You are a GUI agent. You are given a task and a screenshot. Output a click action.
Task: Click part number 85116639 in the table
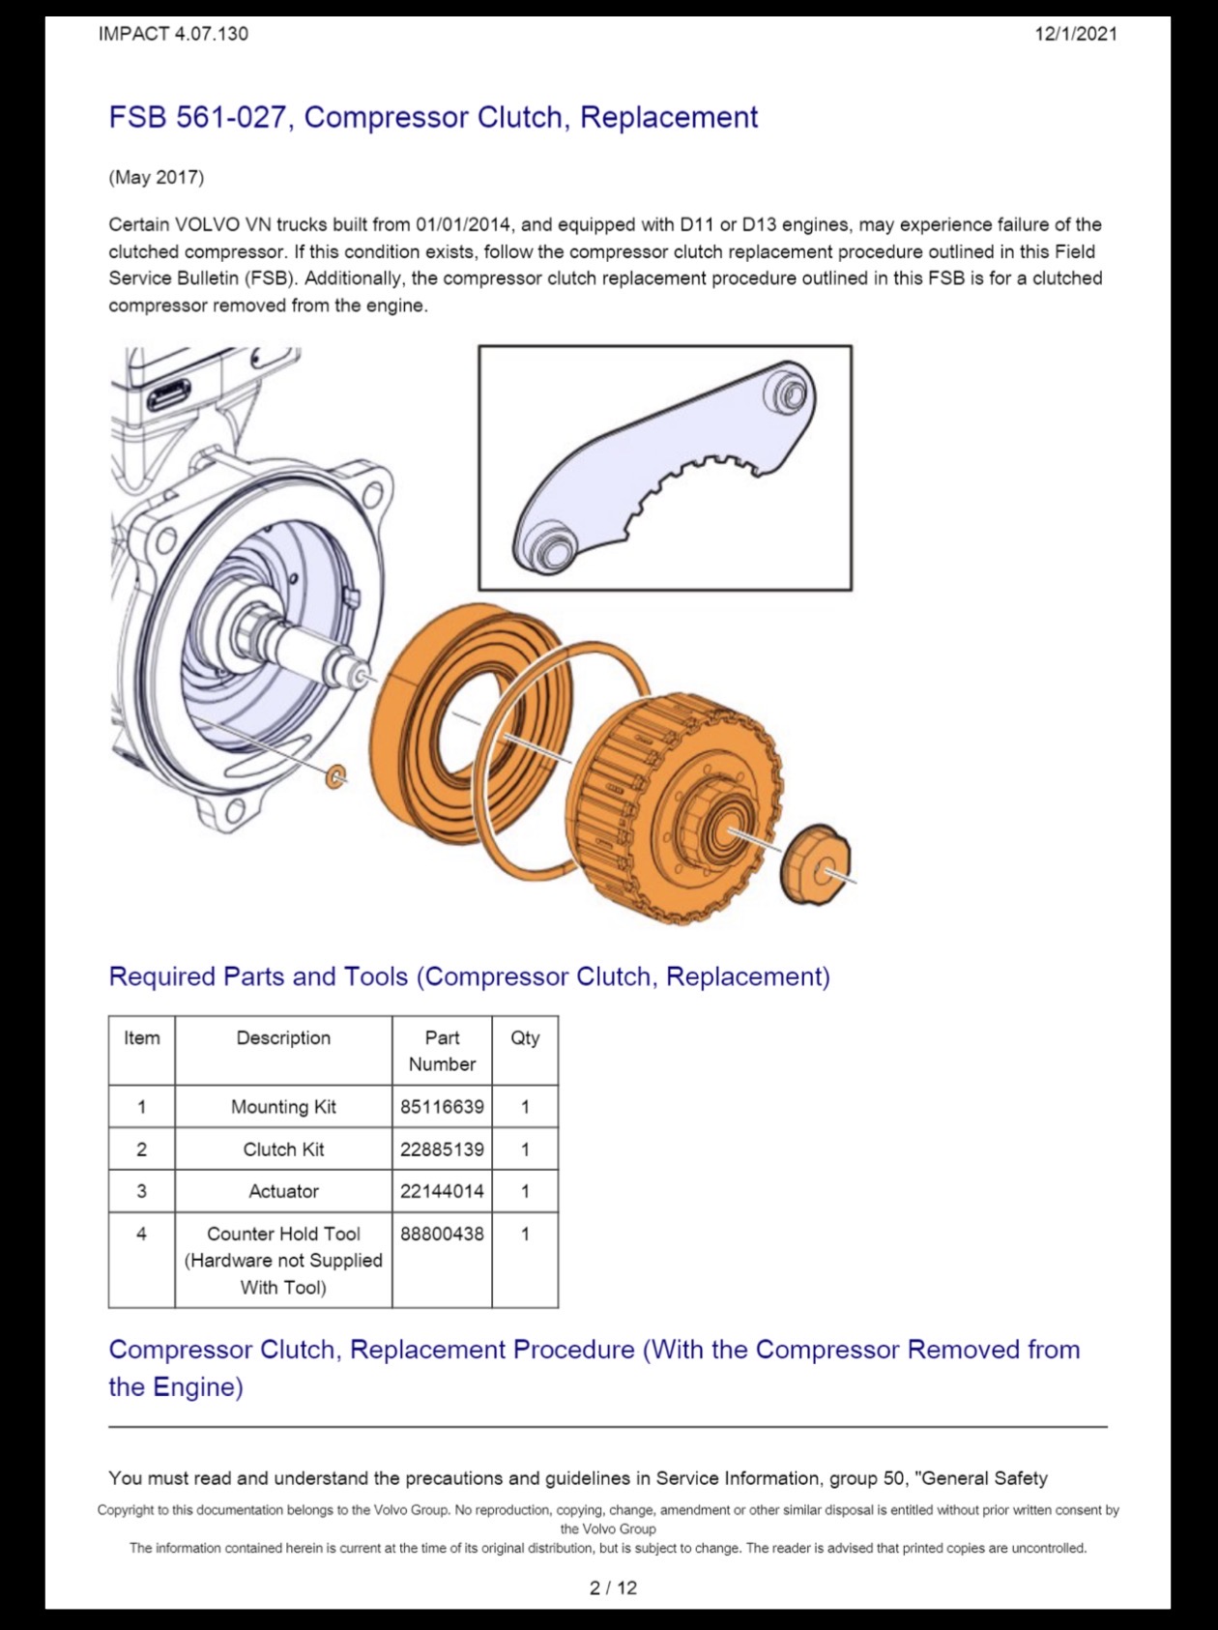click(x=442, y=1106)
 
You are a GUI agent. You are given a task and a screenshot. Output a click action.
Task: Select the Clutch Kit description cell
click(x=283, y=1149)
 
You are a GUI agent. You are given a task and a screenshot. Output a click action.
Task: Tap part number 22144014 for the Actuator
click(x=442, y=1191)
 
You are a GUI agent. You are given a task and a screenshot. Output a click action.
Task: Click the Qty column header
click(x=525, y=1038)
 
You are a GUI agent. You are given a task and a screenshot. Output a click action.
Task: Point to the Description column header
click(x=283, y=1037)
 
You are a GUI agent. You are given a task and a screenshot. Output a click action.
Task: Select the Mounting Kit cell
click(x=283, y=1106)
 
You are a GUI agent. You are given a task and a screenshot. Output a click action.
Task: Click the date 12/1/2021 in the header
click(x=1076, y=34)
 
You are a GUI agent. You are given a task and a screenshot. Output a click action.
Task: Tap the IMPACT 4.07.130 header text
click(x=173, y=34)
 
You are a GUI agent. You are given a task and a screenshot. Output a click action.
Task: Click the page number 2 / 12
click(x=613, y=1587)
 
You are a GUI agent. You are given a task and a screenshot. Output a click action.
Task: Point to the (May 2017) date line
click(x=157, y=177)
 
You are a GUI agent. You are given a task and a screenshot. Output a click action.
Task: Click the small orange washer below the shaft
click(x=335, y=775)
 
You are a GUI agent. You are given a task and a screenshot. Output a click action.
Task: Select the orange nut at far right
click(x=815, y=865)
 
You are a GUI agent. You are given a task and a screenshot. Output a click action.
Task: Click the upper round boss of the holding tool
click(x=790, y=393)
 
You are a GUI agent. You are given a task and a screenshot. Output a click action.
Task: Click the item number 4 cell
click(x=141, y=1234)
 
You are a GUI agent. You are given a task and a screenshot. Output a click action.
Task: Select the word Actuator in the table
click(x=283, y=1191)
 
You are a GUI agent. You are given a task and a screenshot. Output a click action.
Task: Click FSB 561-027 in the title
click(x=197, y=117)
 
